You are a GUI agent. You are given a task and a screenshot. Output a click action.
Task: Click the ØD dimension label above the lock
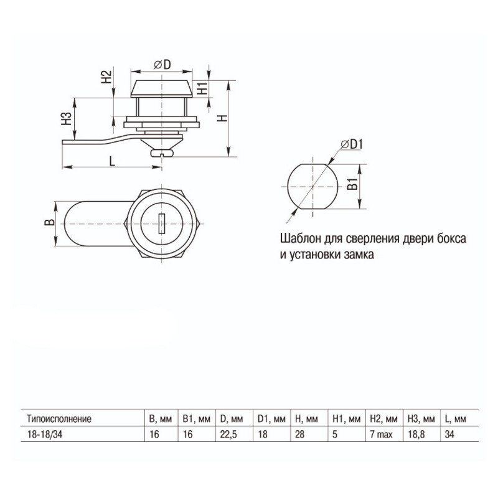(x=162, y=65)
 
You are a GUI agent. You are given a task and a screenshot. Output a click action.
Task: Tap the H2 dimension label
(x=106, y=77)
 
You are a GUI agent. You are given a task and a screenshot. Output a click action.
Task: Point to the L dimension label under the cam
(x=112, y=161)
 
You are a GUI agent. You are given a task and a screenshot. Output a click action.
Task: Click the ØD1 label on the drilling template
(x=352, y=144)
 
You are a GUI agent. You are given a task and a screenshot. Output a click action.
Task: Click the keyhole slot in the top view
(x=162, y=223)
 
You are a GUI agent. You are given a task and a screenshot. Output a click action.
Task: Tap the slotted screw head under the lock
(x=162, y=154)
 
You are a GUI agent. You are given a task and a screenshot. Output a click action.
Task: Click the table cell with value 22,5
(x=228, y=434)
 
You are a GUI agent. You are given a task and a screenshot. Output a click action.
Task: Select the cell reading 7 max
(x=381, y=434)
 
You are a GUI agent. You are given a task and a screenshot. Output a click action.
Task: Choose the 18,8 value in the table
(x=416, y=434)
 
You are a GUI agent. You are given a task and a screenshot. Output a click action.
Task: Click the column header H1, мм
(x=347, y=419)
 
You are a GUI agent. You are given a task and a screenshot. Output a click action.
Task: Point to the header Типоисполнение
(x=59, y=419)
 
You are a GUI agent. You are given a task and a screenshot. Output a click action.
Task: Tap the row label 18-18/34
(x=45, y=434)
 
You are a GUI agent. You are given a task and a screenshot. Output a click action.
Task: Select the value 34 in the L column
(x=449, y=434)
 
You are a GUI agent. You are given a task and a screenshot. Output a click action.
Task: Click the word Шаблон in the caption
(x=300, y=238)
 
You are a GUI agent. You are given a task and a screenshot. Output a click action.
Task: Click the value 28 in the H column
(x=299, y=434)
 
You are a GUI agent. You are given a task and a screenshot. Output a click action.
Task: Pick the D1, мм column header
(x=271, y=419)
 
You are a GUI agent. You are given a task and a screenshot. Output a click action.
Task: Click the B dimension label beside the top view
(x=50, y=222)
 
